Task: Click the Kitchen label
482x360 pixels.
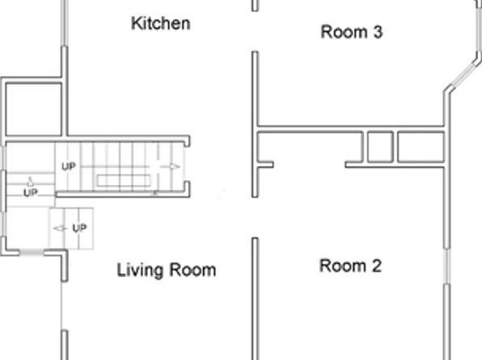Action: (160, 23)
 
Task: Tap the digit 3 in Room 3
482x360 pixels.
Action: (378, 32)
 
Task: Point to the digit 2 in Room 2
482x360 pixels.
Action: (377, 266)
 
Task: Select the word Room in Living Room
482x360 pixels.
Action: (192, 270)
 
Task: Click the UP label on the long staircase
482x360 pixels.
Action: (68, 166)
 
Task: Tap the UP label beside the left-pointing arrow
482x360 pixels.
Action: (79, 228)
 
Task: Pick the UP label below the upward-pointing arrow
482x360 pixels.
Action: (31, 193)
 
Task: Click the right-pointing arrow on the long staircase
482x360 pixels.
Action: (170, 166)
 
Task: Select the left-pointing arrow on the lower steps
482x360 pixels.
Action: (60, 228)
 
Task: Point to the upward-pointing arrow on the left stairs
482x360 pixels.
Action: (30, 182)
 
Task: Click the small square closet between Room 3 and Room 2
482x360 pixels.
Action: (380, 147)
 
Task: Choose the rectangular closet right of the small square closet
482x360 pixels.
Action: (421, 147)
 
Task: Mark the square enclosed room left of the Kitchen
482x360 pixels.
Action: (34, 110)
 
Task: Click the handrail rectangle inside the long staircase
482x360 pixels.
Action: (124, 181)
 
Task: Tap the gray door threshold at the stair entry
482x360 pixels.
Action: (32, 253)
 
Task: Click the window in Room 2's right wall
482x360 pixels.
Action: (447, 266)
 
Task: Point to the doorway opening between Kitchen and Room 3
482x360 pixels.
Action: (255, 31)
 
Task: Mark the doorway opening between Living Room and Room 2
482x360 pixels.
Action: (255, 218)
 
